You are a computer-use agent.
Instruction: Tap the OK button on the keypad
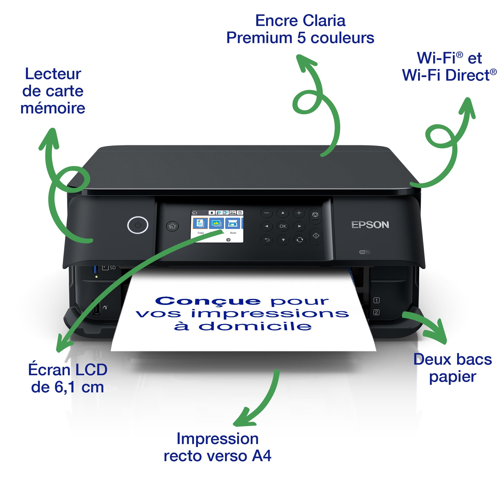(x=283, y=226)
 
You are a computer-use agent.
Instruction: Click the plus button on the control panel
(x=299, y=213)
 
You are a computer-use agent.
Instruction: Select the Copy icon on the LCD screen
(x=200, y=223)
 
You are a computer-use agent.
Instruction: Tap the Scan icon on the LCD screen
(x=232, y=223)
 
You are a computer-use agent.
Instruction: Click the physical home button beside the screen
(x=172, y=226)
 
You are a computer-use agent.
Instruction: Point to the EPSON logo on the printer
(x=370, y=225)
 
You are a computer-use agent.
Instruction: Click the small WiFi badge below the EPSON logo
(x=364, y=252)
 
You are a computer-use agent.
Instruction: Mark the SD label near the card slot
(x=112, y=268)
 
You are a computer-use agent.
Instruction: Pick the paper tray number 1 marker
(x=376, y=300)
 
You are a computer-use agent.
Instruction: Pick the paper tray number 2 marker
(x=376, y=312)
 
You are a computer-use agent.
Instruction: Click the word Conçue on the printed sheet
(x=208, y=301)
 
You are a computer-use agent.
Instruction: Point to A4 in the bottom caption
(x=261, y=456)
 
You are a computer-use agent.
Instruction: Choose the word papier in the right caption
(x=453, y=377)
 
